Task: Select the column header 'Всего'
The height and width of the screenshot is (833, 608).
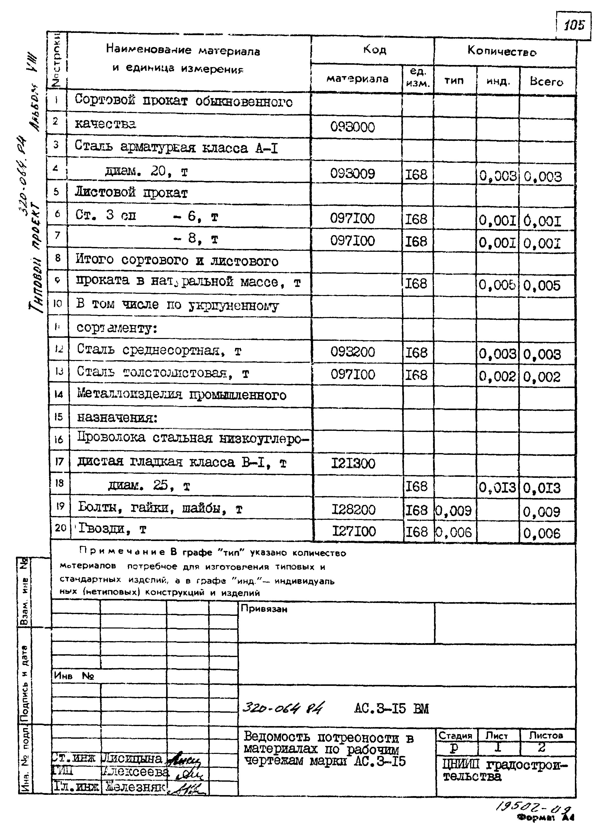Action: pos(547,81)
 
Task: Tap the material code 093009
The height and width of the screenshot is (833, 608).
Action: pos(352,173)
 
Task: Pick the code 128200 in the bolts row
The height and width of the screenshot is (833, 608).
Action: pos(353,510)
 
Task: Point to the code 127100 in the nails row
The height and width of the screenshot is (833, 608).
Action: pos(354,531)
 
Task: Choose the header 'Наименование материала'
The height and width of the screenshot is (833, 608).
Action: pos(183,50)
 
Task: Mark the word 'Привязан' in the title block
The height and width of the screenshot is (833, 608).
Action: pos(264,609)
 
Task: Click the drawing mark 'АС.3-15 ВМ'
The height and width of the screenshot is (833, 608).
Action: pos(391,708)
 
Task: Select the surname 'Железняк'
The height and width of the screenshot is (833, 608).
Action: pos(135,787)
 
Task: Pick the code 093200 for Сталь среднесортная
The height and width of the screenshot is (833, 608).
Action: pos(352,352)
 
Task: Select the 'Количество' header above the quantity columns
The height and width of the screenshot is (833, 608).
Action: pos(502,51)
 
